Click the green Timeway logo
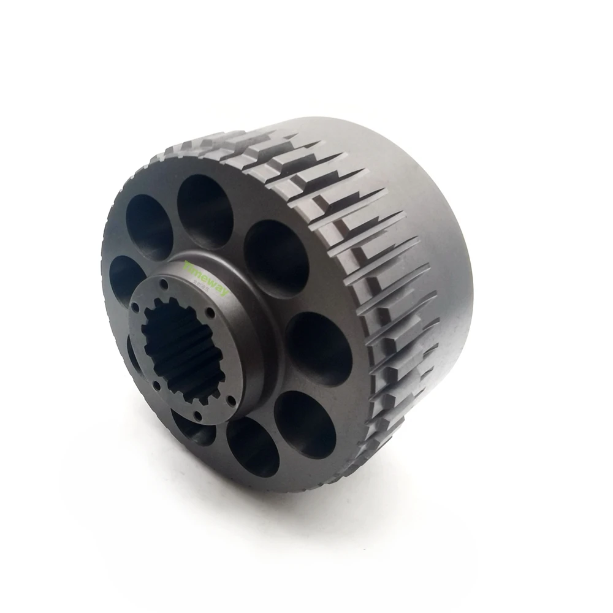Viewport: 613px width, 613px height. pos(205,278)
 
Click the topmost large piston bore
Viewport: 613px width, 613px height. pos(205,202)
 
